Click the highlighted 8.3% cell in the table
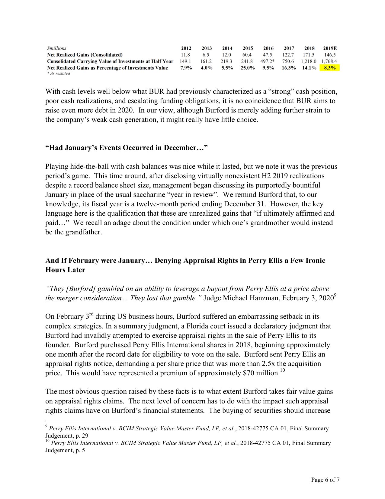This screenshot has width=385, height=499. tap(329, 68)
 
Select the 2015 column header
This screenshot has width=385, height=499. tap(248, 48)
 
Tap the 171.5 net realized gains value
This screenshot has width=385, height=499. tap(308, 55)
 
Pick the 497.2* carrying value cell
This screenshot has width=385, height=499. tap(267, 61)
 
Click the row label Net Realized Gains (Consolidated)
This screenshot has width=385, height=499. tap(85, 55)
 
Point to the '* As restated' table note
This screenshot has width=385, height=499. tap(59, 73)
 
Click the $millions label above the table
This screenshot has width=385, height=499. tap(56, 48)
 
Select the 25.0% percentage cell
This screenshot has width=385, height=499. tap(248, 68)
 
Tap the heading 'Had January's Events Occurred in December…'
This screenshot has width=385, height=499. tap(127, 148)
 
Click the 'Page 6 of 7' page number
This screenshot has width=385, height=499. tap(325, 480)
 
